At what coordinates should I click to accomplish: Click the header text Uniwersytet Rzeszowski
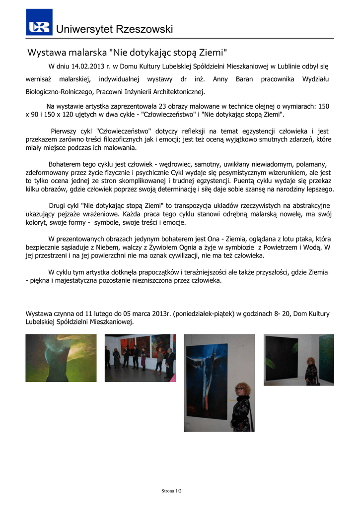115,29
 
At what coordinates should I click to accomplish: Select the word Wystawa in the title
44,52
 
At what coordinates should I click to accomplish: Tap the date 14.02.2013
88,66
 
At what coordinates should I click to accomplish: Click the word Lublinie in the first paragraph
284,66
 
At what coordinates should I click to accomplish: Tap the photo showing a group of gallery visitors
140,358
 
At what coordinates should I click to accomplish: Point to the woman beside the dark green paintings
312,373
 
